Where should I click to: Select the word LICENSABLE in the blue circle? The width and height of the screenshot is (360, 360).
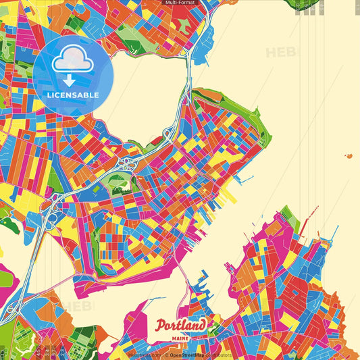(x=73, y=95)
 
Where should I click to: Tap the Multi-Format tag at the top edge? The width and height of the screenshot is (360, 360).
(x=180, y=3)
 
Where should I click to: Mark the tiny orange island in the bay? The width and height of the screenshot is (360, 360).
(x=349, y=156)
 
